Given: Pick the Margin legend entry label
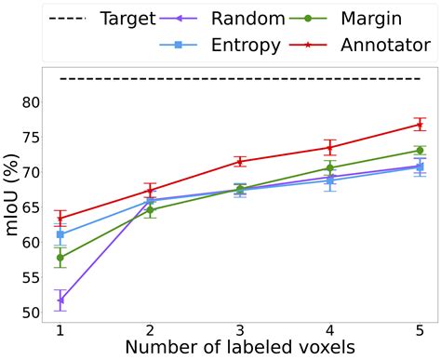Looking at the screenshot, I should (381, 19).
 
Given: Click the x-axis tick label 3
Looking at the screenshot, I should (240, 331).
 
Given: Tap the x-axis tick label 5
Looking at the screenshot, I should (420, 331).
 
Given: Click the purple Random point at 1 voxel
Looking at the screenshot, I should (60, 300).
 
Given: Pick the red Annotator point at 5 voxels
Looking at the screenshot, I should (420, 125).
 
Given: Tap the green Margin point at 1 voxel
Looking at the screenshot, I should (60, 258).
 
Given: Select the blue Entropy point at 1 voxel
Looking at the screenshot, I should (60, 235).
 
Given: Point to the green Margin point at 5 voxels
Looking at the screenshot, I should (420, 150).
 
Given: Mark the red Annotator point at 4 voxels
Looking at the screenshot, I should (330, 148).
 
